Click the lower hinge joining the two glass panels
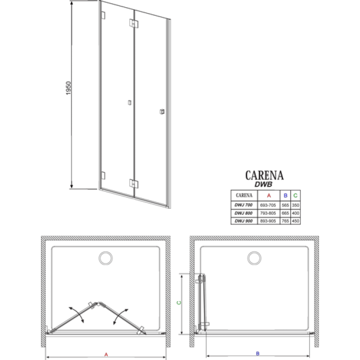(134, 183)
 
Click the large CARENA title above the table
(265, 174)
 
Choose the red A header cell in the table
(269, 195)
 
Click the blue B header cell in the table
(285, 195)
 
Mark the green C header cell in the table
(295, 195)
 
